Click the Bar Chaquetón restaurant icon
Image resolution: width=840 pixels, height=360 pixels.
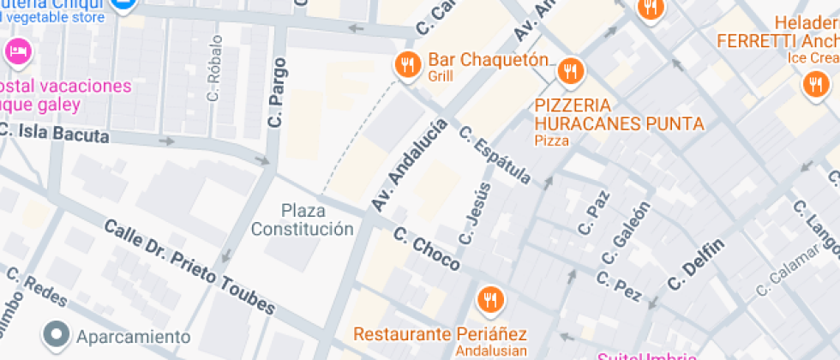tap(406, 63)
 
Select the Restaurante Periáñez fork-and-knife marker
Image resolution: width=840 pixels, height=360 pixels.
tap(490, 298)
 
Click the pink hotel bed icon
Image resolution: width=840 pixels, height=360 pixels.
tap(16, 51)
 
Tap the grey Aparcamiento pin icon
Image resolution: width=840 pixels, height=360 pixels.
tap(57, 335)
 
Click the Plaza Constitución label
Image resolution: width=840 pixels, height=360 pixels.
tap(302, 219)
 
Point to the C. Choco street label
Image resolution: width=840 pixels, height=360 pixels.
tap(426, 249)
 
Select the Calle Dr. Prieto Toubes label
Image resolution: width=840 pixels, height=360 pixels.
tap(189, 267)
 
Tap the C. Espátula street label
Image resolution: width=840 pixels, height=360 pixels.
tap(495, 156)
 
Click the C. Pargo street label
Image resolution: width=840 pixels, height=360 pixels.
tap(276, 93)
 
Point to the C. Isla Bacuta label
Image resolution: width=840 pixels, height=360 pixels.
tap(54, 134)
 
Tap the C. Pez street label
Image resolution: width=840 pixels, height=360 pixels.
tap(619, 286)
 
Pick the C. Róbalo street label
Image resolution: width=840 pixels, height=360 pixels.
tap(214, 68)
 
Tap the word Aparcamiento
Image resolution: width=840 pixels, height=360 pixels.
tap(133, 336)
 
